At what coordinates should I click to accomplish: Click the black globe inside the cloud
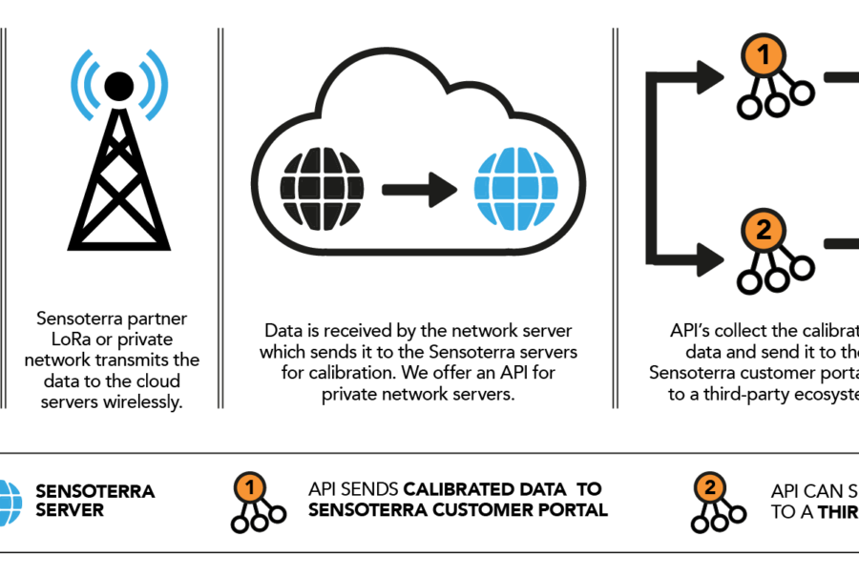pyautogui.click(x=322, y=188)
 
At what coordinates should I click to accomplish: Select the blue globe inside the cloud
pyautogui.click(x=515, y=188)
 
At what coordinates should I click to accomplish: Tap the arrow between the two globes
pyautogui.click(x=420, y=189)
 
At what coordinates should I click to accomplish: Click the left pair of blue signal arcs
pyautogui.click(x=85, y=85)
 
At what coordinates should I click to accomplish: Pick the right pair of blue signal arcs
pyautogui.click(x=154, y=85)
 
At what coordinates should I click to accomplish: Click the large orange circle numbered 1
pyautogui.click(x=764, y=56)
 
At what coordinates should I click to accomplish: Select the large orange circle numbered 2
pyautogui.click(x=764, y=230)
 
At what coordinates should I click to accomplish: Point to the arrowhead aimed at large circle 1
pyautogui.click(x=710, y=77)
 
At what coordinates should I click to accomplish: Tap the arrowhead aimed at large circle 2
pyautogui.click(x=710, y=258)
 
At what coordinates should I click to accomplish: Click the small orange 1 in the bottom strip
pyautogui.click(x=249, y=488)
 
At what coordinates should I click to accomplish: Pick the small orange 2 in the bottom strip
pyautogui.click(x=709, y=488)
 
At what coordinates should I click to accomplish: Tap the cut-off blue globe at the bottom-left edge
pyautogui.click(x=9, y=503)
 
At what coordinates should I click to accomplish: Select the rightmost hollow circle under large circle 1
pyautogui.click(x=803, y=93)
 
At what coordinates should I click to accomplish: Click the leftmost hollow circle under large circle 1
pyautogui.click(x=749, y=106)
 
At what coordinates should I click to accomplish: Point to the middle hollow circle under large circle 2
pyautogui.click(x=777, y=279)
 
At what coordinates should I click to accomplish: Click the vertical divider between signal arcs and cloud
pyautogui.click(x=220, y=217)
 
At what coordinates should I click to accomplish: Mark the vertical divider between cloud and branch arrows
pyautogui.click(x=616, y=217)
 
